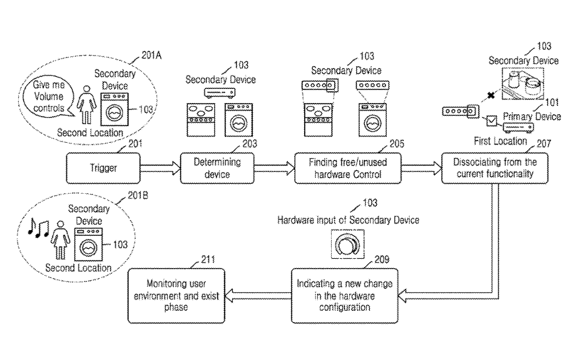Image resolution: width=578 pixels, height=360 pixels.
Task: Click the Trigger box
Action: pyautogui.click(x=104, y=167)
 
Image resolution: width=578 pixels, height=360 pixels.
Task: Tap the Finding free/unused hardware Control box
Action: pyautogui.click(x=348, y=167)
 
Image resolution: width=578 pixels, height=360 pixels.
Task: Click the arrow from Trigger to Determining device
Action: pyautogui.click(x=160, y=168)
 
